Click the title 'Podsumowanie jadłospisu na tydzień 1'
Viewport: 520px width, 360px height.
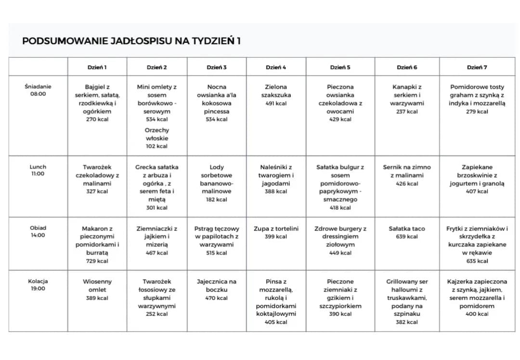[131, 41]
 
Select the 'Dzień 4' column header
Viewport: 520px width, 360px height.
[276, 67]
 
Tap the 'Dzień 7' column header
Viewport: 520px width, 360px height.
[477, 67]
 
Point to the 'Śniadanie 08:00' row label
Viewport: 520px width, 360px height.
[38, 90]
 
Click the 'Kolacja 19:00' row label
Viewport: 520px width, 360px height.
[38, 285]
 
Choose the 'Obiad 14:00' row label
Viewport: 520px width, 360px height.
[38, 231]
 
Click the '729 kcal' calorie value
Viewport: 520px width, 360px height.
[97, 261]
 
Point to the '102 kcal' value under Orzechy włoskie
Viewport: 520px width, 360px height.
[157, 146]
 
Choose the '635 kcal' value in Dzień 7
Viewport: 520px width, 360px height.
[477, 261]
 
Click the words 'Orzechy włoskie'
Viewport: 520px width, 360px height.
[157, 134]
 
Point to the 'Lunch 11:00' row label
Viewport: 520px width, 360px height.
[38, 170]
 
